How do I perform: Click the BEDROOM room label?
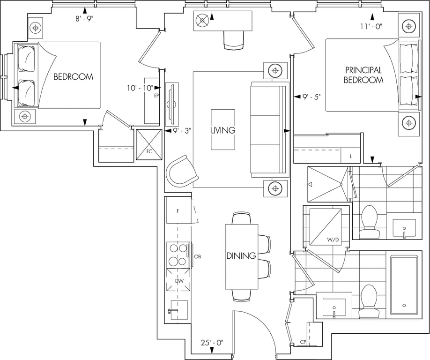point(73,76)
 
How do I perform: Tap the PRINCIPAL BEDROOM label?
point(363,75)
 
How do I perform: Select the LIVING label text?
point(223,130)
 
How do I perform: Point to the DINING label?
point(241,256)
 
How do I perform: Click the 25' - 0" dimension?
point(212,343)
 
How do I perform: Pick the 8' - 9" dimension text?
point(85,19)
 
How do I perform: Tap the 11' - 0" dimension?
point(371,26)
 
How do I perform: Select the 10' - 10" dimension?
point(140,88)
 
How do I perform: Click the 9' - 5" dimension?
point(311,97)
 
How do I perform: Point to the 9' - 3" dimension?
point(182,131)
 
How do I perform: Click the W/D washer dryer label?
point(333,240)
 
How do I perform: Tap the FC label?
point(149,151)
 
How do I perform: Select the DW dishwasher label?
point(179,281)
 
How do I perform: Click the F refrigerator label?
point(178,211)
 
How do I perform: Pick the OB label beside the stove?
point(198,256)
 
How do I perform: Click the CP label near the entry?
point(303,342)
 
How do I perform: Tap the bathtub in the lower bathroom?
point(404,285)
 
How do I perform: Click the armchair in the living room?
point(182,172)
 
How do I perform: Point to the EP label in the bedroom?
point(156,96)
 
